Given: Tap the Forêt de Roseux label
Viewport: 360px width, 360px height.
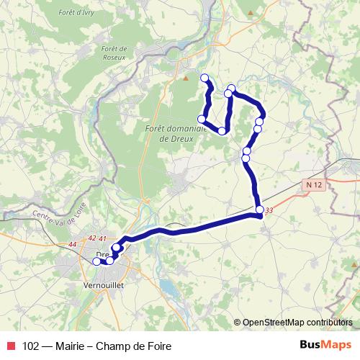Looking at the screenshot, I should click(115, 54).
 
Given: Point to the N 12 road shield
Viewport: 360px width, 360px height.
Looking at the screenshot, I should click(312, 185).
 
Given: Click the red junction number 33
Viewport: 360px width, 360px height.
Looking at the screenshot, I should click(269, 210).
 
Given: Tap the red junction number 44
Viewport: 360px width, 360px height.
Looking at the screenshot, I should click(72, 246).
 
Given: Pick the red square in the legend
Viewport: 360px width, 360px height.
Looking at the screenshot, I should click(10, 345).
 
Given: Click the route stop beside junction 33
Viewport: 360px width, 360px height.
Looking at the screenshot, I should click(259, 210).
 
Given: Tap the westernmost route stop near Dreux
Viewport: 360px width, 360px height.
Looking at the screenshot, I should click(97, 262).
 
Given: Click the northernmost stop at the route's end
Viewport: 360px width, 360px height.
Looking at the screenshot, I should click(204, 78).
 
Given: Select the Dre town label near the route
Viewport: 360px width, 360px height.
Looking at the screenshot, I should click(102, 255).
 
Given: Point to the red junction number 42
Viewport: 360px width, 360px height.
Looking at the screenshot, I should click(91, 238).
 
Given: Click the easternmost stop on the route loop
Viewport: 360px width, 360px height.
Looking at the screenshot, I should click(261, 121).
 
